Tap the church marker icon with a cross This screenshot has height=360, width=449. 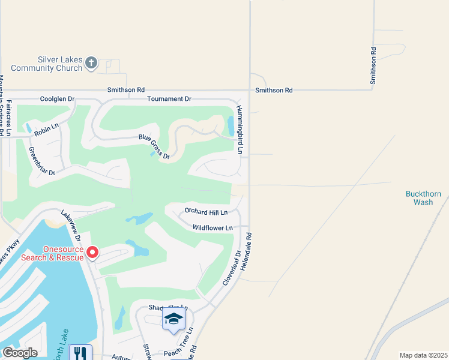[x=91, y=63]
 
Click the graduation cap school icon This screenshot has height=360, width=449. [x=173, y=319]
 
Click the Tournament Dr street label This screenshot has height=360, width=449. [x=169, y=98]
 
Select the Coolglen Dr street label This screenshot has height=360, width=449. [x=57, y=98]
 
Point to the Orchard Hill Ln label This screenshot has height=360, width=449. [x=206, y=212]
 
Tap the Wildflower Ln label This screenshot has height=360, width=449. [x=212, y=228]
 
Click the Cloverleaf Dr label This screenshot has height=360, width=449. [x=231, y=267]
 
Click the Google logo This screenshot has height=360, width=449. [x=20, y=353]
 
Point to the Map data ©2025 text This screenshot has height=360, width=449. [x=423, y=355]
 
